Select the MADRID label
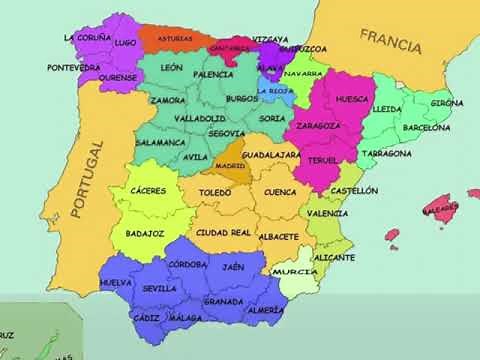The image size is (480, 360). coord(230,166)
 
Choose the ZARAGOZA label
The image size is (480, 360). coord(318,126)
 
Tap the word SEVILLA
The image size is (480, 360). coord(160,288)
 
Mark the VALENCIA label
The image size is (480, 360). coord(328,213)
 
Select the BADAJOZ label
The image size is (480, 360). coord(146,232)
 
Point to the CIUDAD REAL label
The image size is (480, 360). coord(223,233)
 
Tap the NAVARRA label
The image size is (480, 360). coord(303,74)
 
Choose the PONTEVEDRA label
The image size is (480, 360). coord(73,67)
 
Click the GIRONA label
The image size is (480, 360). coord(447,103)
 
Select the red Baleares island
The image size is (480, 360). coord(437,210)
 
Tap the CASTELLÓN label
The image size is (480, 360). coord(354,190)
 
